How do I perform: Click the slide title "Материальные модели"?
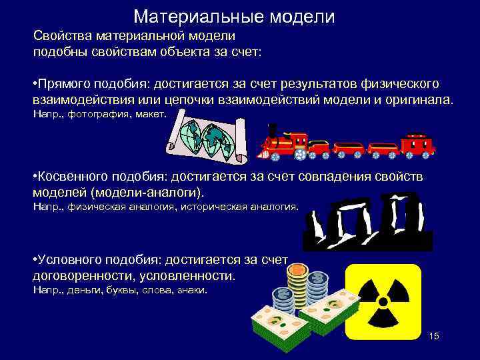point(234,16)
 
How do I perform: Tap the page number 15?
point(435,335)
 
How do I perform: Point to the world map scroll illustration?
point(207,139)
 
